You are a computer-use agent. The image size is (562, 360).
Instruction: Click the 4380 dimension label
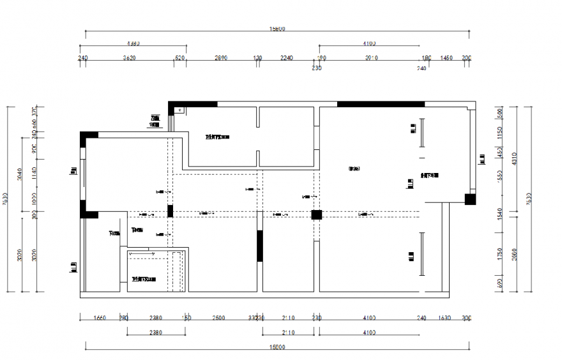[x=133, y=44]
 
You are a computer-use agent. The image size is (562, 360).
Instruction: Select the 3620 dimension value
[x=130, y=58]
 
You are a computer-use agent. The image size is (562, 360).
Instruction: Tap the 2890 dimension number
[x=220, y=58]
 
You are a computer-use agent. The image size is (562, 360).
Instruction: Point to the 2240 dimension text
[x=287, y=58]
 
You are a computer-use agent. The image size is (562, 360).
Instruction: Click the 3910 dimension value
[x=372, y=58]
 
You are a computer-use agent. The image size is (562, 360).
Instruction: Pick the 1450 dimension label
[x=446, y=58]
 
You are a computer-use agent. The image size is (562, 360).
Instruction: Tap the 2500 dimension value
[x=218, y=317]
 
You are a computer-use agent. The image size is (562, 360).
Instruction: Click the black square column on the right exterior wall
[x=470, y=200]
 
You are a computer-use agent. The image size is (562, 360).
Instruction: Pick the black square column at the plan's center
[x=316, y=214]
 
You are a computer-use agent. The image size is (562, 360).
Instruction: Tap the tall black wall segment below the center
[x=260, y=246]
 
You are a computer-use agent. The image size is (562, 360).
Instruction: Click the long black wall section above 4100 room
[x=381, y=104]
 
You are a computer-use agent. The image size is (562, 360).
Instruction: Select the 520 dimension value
[x=179, y=58]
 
